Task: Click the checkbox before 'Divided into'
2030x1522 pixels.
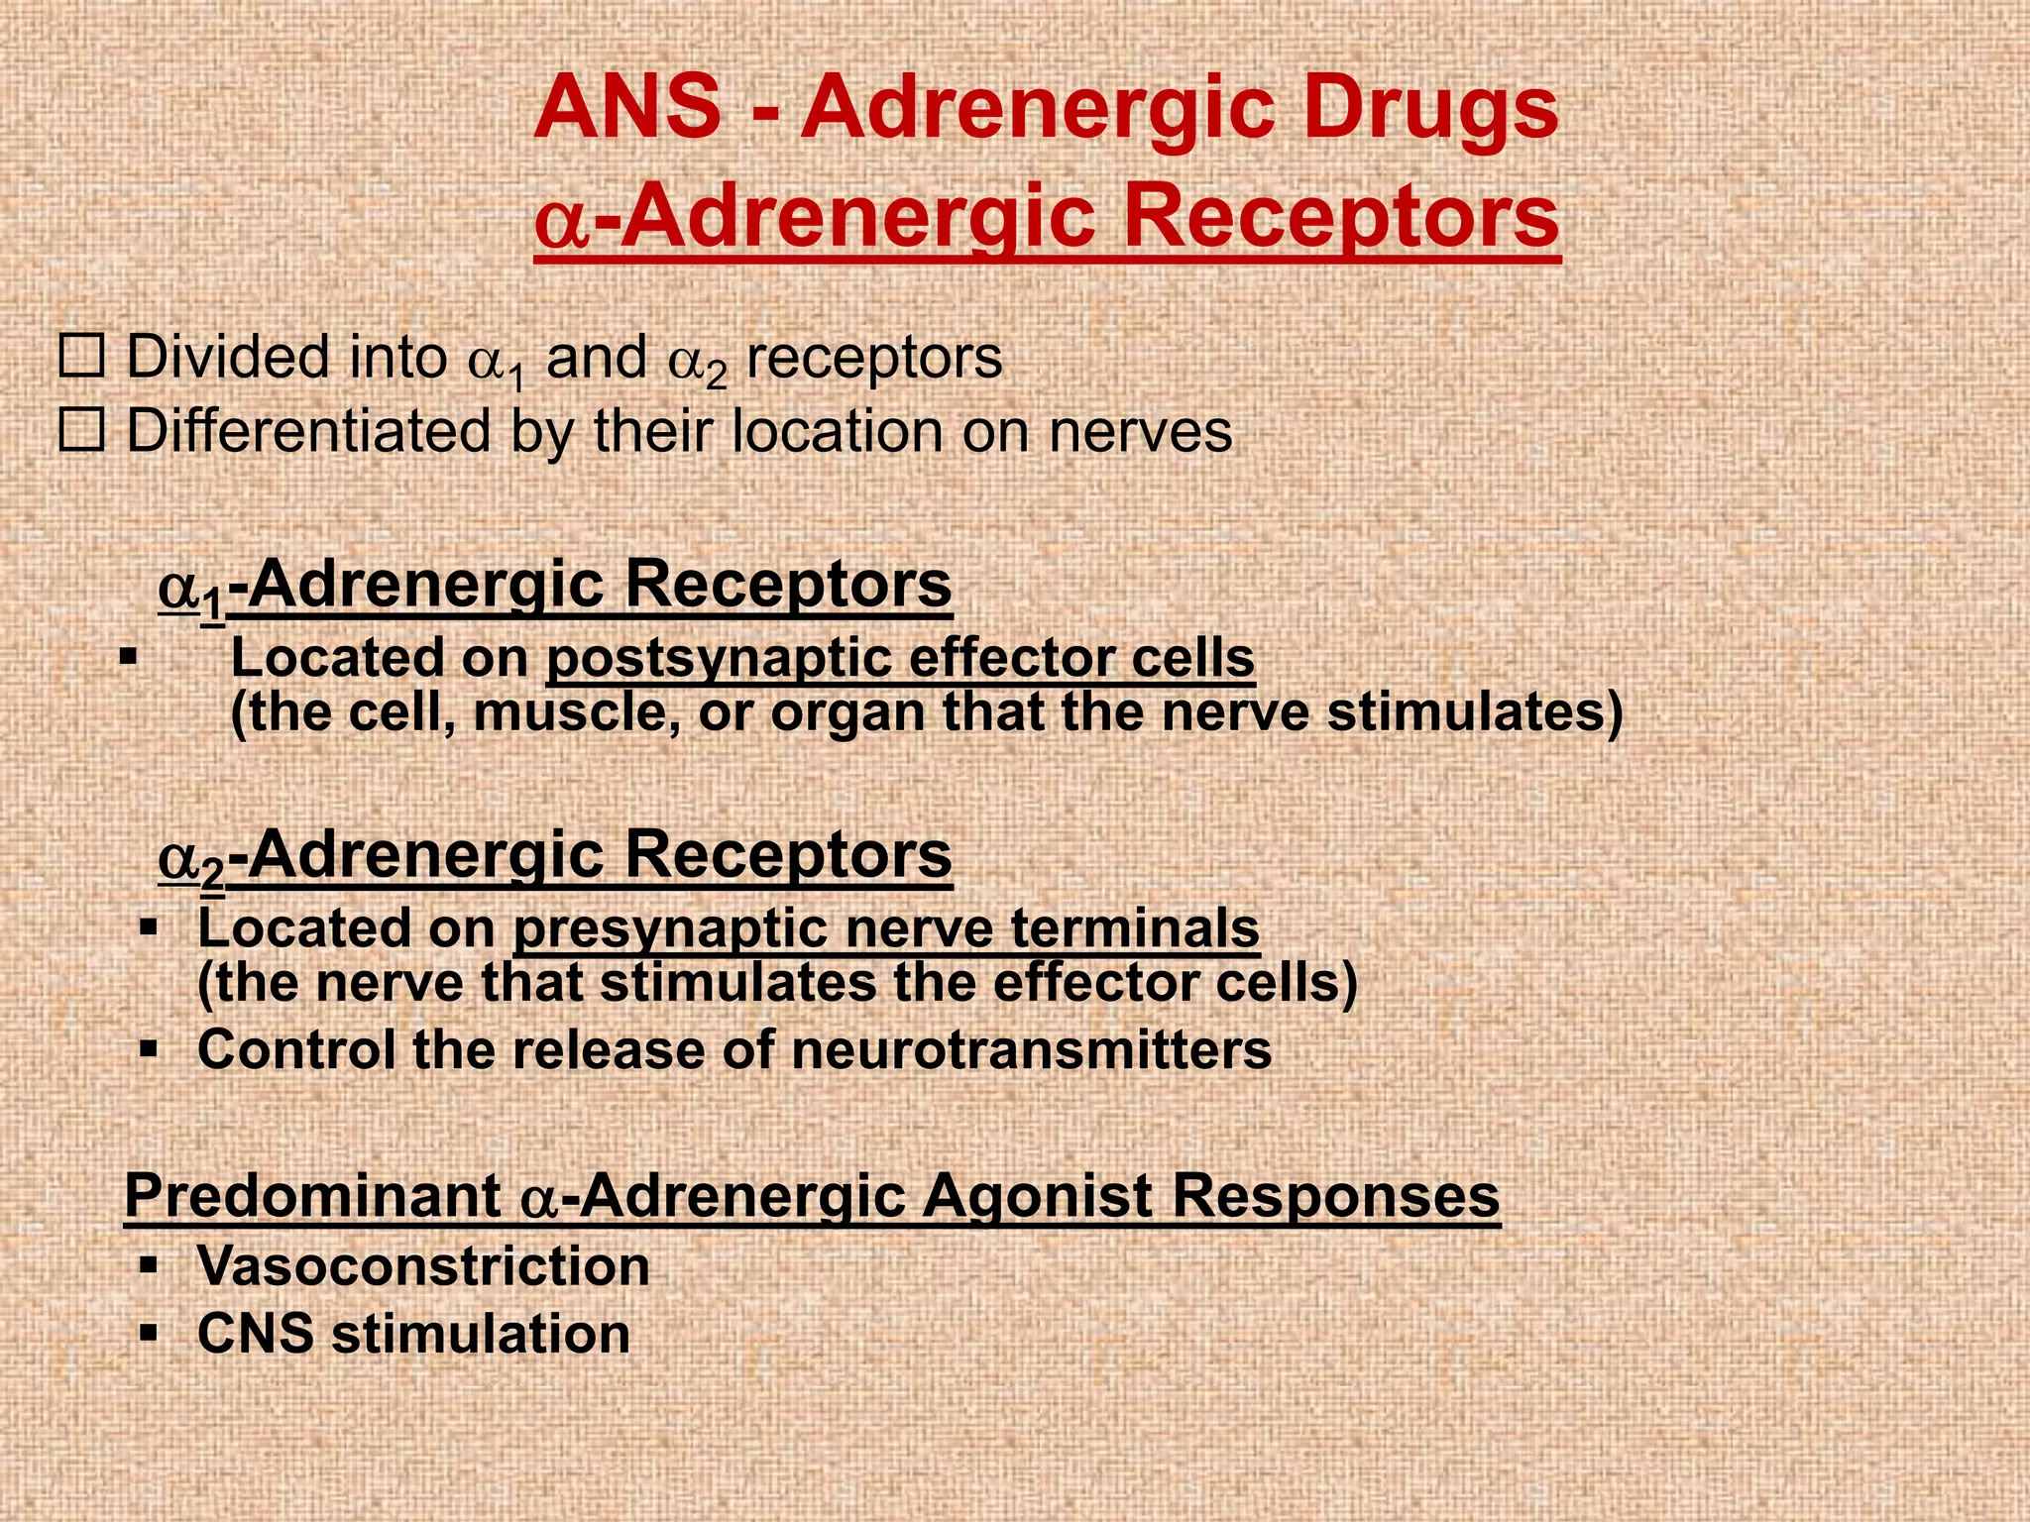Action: coord(81,358)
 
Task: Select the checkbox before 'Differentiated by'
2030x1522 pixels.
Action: coord(81,432)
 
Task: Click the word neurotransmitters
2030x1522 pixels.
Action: coord(1031,1050)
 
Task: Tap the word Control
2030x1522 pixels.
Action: coord(297,1050)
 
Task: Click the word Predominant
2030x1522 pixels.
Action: coord(313,1197)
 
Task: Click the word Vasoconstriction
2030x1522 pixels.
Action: coord(423,1266)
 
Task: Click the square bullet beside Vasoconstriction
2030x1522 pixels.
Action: coord(149,1265)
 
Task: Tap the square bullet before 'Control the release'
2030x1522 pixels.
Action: coord(149,1049)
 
